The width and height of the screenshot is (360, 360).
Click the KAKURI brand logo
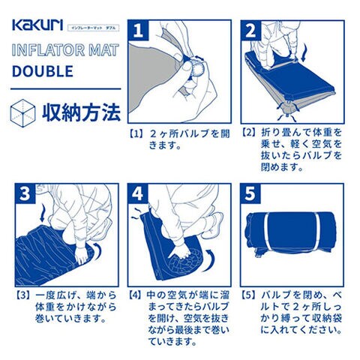pyautogui.click(x=37, y=25)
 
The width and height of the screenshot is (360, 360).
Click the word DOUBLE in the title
pyautogui.click(x=43, y=71)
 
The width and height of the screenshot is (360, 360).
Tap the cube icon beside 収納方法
pyautogui.click(x=22, y=113)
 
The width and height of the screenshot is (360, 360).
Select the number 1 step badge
pyautogui.click(x=138, y=31)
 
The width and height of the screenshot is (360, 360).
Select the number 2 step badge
pyautogui.click(x=251, y=31)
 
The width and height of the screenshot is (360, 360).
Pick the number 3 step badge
pyautogui.click(x=25, y=193)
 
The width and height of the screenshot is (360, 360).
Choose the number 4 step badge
pyautogui.click(x=138, y=193)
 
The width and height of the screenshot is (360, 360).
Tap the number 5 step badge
pyautogui.click(x=250, y=193)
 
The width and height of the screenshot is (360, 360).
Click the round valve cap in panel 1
pyautogui.click(x=196, y=67)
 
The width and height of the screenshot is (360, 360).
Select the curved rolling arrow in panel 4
pyautogui.click(x=210, y=260)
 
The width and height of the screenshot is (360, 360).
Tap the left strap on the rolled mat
pyautogui.click(x=267, y=231)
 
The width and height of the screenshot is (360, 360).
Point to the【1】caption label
pyautogui.click(x=137, y=134)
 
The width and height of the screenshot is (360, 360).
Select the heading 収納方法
pyautogui.click(x=82, y=113)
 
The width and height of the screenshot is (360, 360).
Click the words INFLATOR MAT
pyautogui.click(x=65, y=50)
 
